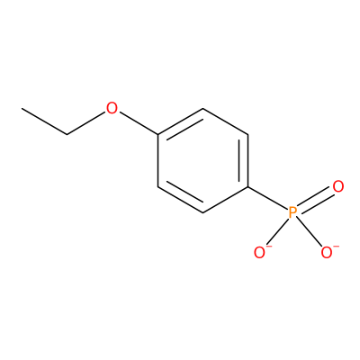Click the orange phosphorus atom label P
click(x=292, y=212)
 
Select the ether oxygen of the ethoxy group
click(x=112, y=108)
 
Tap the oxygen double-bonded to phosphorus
click(x=338, y=186)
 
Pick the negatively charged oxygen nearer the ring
click(x=259, y=253)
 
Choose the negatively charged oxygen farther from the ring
click(x=327, y=253)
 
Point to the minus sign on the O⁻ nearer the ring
click(x=269, y=247)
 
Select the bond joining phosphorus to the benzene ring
click(x=267, y=198)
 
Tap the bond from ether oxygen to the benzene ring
click(x=139, y=123)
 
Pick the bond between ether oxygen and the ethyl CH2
click(x=85, y=123)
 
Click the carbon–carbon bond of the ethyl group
click(x=44, y=121)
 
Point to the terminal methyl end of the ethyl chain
click(x=22, y=108)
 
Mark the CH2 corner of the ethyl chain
click(x=67, y=134)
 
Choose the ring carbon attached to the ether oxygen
click(x=158, y=135)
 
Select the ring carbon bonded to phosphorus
click(x=248, y=187)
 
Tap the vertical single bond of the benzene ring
click(x=158, y=161)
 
